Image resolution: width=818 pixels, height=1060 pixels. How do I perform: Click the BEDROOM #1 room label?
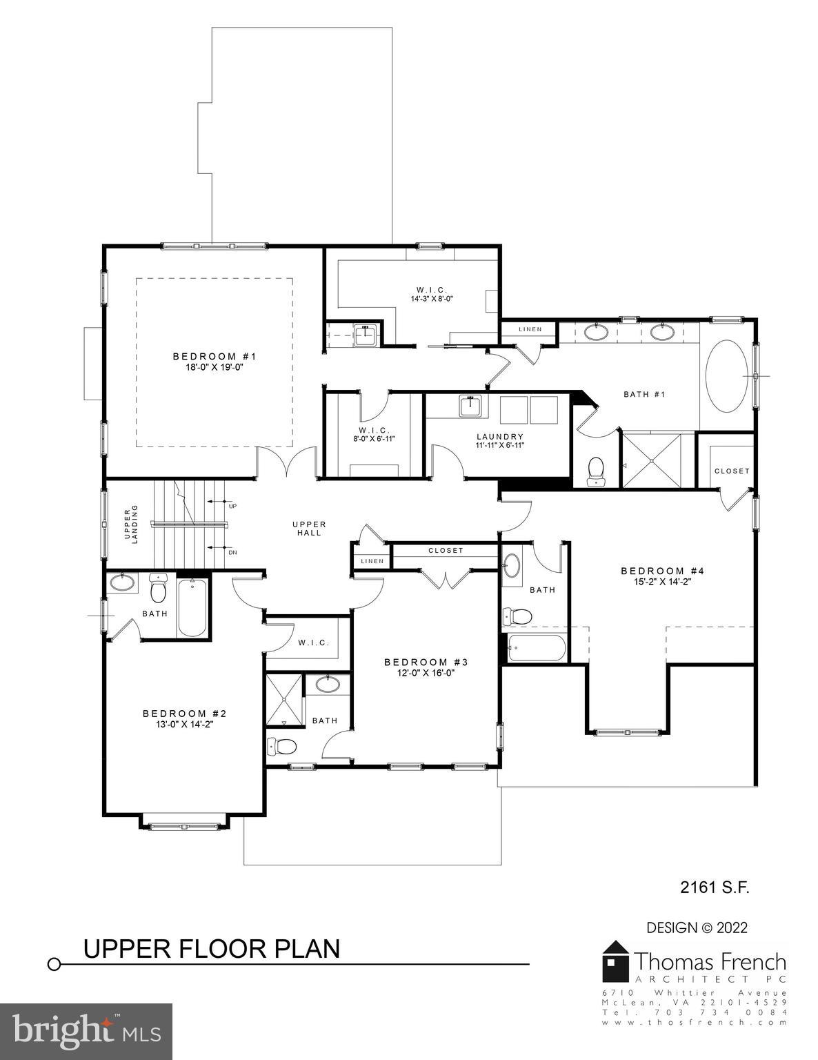[214, 356]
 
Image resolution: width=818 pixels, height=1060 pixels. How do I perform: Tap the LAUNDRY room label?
[500, 437]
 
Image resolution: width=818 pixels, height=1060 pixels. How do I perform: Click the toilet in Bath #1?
[595, 471]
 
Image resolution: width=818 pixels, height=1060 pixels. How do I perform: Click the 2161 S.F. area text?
[715, 887]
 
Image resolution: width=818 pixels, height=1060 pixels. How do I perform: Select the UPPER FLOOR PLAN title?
[212, 949]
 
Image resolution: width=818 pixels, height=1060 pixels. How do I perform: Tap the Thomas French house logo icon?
[615, 961]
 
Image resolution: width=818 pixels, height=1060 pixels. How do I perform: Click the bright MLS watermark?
[86, 1032]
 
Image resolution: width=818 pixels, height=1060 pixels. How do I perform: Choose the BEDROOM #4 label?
[661, 571]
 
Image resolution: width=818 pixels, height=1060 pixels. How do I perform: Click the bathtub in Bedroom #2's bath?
[192, 608]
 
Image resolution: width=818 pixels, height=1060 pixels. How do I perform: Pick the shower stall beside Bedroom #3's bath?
[284, 700]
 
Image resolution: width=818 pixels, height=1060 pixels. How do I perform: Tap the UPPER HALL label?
[309, 529]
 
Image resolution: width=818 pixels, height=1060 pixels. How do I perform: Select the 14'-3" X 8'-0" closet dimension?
[432, 299]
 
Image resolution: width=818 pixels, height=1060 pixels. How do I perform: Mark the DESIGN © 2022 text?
[697, 927]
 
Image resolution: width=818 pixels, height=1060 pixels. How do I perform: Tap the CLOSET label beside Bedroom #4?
[732, 471]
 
